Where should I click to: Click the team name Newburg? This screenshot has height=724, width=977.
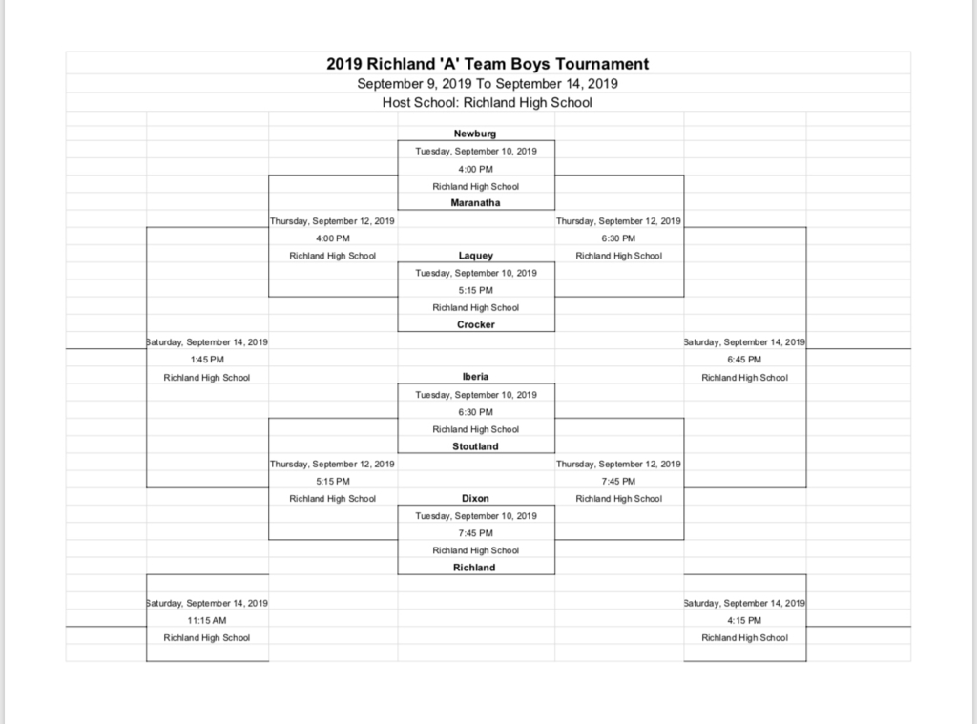pyautogui.click(x=475, y=134)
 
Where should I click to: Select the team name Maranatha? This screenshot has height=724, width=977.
pyautogui.click(x=475, y=202)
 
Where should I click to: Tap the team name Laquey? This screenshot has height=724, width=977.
pyautogui.click(x=475, y=256)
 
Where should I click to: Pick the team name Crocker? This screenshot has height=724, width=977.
pyautogui.click(x=475, y=324)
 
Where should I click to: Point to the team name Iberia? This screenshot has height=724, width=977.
pyautogui.click(x=475, y=377)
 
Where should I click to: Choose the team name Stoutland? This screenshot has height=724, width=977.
pyautogui.click(x=475, y=446)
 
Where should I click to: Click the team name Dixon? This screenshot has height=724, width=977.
pyautogui.click(x=475, y=499)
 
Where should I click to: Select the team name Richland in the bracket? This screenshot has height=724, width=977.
pyautogui.click(x=474, y=568)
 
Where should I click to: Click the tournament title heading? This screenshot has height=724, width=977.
pyautogui.click(x=488, y=64)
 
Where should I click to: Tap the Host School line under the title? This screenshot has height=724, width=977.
pyautogui.click(x=488, y=103)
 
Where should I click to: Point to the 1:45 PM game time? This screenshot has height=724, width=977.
pyautogui.click(x=207, y=360)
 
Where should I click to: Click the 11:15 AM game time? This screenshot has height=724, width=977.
pyautogui.click(x=207, y=621)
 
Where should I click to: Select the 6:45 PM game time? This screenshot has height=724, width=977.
pyautogui.click(x=744, y=360)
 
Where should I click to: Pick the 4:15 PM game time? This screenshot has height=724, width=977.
pyautogui.click(x=744, y=621)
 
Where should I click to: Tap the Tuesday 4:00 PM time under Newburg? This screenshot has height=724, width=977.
pyautogui.click(x=476, y=169)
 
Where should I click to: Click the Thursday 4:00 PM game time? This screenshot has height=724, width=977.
pyautogui.click(x=333, y=238)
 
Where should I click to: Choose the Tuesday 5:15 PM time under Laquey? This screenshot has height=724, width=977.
pyautogui.click(x=476, y=290)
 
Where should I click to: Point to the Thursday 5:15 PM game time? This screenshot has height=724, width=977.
pyautogui.click(x=333, y=481)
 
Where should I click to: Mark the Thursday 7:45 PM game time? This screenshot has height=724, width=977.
pyautogui.click(x=618, y=481)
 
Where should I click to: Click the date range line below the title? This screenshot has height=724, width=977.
pyautogui.click(x=488, y=84)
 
